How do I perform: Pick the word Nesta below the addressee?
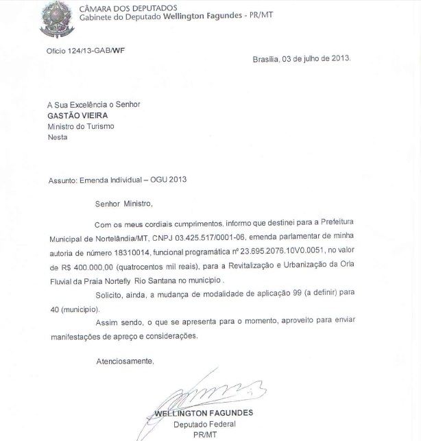pos(58,137)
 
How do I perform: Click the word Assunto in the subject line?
pos(64,180)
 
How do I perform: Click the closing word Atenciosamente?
pos(125,360)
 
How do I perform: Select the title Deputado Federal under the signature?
pos(204,424)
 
